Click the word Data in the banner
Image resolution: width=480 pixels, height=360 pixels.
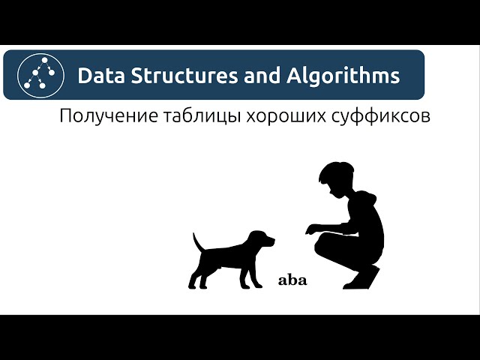(98, 76)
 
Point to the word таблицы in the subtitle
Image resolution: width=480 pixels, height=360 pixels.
(197, 118)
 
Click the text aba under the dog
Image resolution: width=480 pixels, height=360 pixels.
(292, 281)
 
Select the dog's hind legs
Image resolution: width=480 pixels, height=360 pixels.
(198, 275)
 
